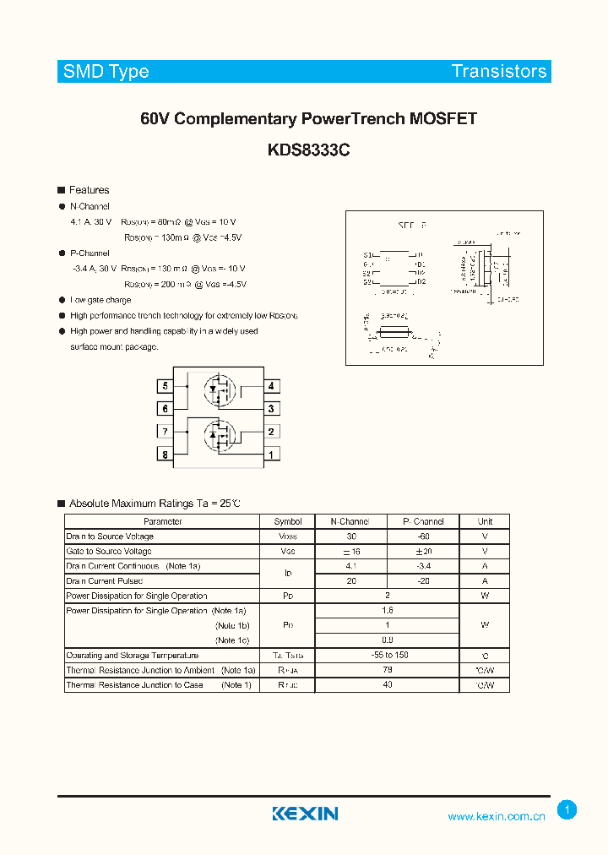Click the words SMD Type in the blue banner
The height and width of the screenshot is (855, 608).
[x=106, y=72]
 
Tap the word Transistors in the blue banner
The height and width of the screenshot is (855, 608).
[x=499, y=72]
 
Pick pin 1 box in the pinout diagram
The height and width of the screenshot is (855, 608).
[x=271, y=455]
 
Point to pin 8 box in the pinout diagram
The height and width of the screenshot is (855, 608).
[x=166, y=455]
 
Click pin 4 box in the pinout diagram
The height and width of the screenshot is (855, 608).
[x=271, y=386]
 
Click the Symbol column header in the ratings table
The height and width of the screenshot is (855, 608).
[x=287, y=521]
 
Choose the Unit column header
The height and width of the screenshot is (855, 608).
[x=485, y=521]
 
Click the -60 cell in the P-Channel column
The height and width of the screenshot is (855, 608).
[x=423, y=536]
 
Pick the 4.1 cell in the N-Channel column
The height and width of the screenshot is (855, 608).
[x=351, y=566]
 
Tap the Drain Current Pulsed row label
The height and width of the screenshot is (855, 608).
[x=105, y=581]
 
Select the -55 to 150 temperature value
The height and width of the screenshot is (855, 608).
[x=388, y=655]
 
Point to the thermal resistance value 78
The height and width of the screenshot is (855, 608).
[x=388, y=670]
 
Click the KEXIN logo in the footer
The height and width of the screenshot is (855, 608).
[x=305, y=814]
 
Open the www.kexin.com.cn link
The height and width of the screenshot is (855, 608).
[x=497, y=816]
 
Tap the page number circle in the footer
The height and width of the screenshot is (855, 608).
[x=567, y=810]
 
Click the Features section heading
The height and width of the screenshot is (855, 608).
[x=89, y=190]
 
